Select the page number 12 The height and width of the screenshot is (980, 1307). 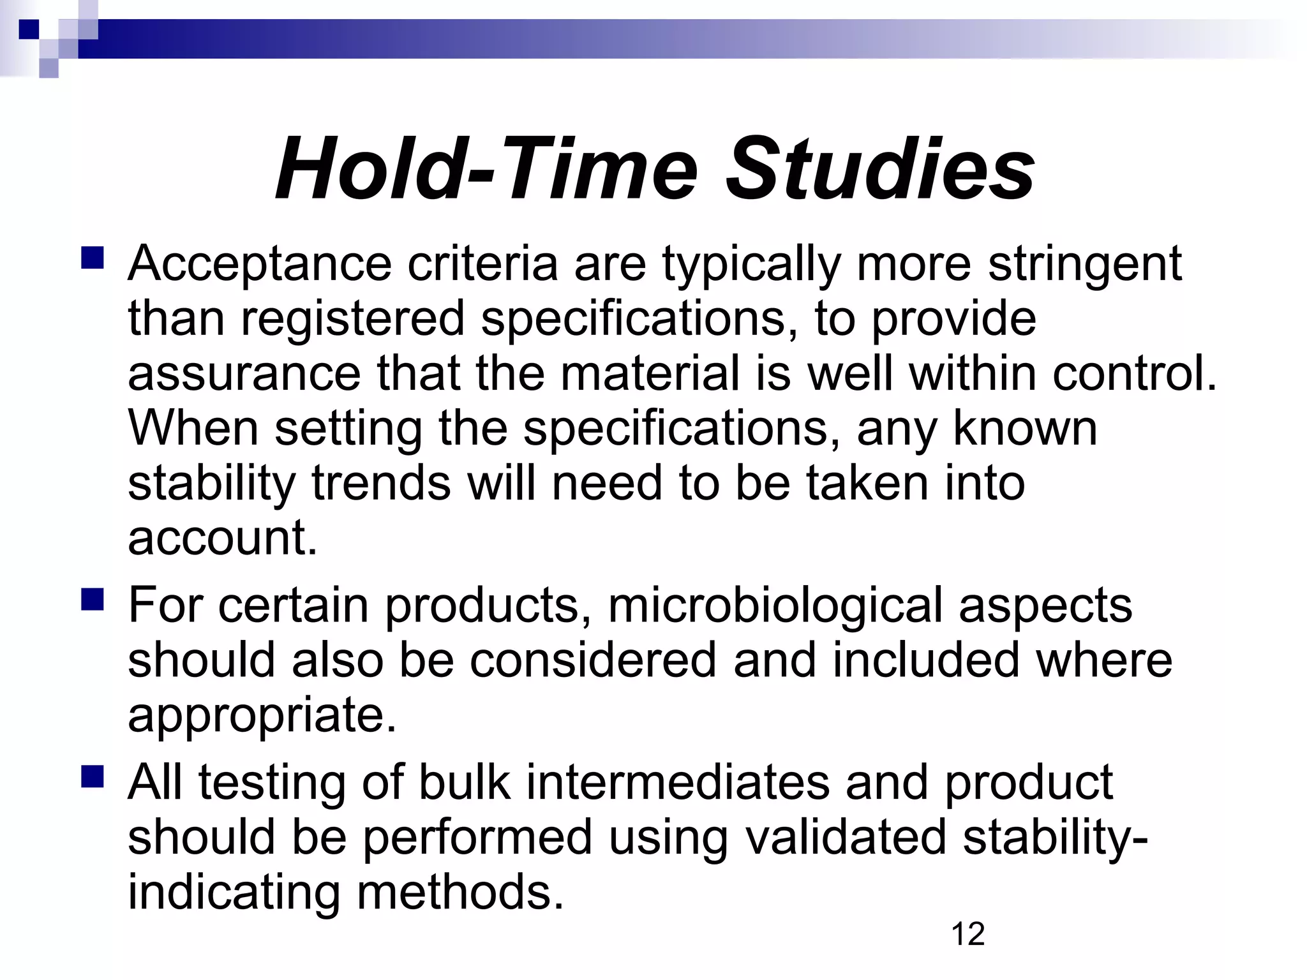point(967,934)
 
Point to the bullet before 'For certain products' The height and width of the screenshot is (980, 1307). point(93,599)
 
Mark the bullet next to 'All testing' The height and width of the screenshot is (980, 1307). point(93,776)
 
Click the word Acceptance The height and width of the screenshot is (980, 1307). point(260,264)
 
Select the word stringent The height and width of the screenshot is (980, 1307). point(1085,264)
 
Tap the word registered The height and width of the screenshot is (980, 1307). point(352,318)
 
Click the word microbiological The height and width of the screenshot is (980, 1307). point(775,605)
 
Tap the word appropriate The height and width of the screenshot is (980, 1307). point(262,715)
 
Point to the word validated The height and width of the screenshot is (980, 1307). point(846,838)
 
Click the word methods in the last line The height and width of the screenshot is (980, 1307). point(460,893)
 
